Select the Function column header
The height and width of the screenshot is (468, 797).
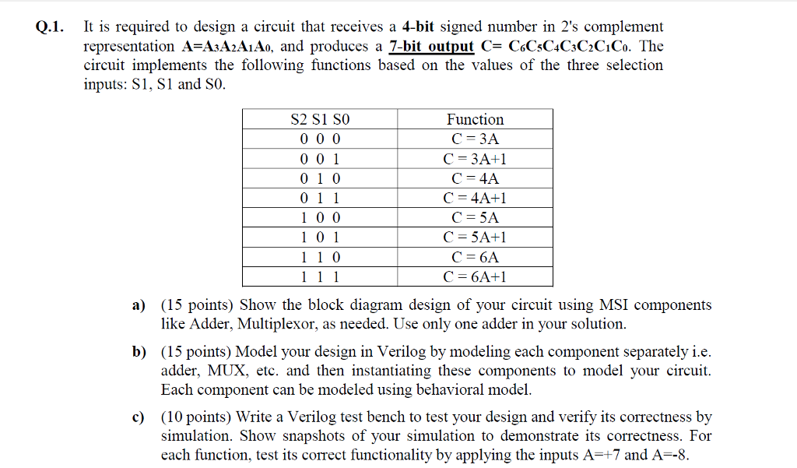coord(475,119)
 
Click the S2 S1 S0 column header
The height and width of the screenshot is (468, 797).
coord(320,119)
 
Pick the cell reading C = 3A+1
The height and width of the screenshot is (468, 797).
coord(475,159)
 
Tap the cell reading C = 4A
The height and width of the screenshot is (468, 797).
coord(475,178)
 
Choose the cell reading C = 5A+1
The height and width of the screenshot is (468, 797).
coord(475,238)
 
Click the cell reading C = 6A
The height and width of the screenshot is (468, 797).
coord(475,257)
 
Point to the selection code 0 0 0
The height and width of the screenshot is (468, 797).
coord(320,139)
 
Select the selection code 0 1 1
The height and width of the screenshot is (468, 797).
coord(320,198)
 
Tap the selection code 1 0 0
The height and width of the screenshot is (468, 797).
coord(320,218)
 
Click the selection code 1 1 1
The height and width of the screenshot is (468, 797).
coord(320,276)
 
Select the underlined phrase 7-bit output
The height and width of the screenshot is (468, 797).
coord(426,46)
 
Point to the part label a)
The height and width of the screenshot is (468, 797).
coord(141,305)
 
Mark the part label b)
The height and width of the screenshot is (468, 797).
coord(141,352)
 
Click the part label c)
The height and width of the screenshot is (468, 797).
coord(141,417)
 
